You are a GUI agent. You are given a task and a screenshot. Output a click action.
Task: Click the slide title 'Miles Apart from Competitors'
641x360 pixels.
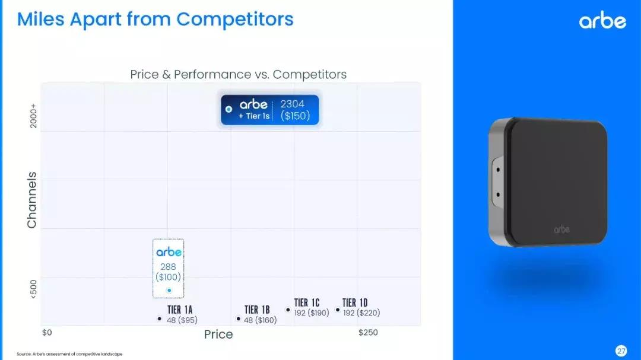(x=156, y=19)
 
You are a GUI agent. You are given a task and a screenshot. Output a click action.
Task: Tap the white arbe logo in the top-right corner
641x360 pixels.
(x=602, y=20)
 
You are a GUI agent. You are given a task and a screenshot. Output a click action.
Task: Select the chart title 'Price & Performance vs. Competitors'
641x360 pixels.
(x=239, y=74)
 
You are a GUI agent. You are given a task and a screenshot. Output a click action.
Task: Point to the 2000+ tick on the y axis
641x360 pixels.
(x=33, y=116)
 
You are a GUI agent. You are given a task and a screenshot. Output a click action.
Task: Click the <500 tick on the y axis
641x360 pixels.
(x=33, y=289)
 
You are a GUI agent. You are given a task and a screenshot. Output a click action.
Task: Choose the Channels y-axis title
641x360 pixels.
(x=31, y=200)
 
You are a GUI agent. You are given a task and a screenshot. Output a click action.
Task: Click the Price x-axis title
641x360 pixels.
(x=218, y=334)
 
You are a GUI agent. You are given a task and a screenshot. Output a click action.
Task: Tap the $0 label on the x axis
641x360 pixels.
(x=47, y=333)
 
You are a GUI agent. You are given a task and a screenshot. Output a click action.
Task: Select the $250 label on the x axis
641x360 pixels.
(x=368, y=333)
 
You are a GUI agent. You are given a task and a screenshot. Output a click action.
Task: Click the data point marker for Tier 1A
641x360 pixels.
(x=160, y=318)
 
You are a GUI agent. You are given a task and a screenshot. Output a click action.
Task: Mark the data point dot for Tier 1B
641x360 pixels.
(x=239, y=318)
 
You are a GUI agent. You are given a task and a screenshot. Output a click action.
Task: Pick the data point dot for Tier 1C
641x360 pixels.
(x=288, y=310)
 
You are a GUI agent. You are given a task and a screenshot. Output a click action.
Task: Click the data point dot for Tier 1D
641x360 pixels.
(x=338, y=310)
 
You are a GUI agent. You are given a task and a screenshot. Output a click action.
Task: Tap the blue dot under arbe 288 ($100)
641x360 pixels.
(x=169, y=291)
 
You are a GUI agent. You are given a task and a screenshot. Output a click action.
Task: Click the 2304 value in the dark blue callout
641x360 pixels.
(x=292, y=104)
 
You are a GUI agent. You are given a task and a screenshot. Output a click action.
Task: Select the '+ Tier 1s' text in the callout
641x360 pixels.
(x=254, y=116)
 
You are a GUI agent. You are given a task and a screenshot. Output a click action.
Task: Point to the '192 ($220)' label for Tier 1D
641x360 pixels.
(x=361, y=313)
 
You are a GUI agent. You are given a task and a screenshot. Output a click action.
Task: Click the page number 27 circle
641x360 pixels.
(x=621, y=351)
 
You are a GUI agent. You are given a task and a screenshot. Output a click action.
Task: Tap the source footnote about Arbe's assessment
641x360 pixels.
(x=69, y=354)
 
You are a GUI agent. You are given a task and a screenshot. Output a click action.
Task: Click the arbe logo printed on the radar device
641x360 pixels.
(x=561, y=230)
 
